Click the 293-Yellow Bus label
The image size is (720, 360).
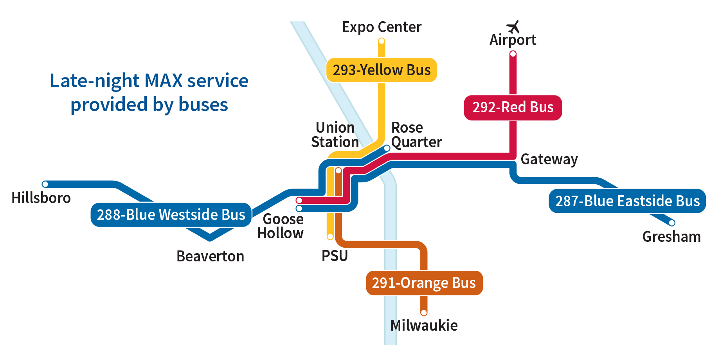[x=382, y=70]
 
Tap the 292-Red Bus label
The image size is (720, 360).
[x=513, y=107]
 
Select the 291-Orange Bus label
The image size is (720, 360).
[x=424, y=283]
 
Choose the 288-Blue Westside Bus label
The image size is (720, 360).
[x=171, y=215]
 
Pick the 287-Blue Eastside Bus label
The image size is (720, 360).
[x=627, y=201]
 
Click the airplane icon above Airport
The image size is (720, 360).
[x=513, y=27]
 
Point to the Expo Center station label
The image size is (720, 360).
[x=382, y=27]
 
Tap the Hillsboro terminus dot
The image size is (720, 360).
[x=45, y=184]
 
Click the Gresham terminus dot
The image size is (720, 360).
[x=672, y=223]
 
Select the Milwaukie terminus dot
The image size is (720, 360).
[x=424, y=313]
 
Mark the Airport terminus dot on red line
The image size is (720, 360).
[x=513, y=54]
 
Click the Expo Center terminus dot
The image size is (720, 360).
[x=382, y=41]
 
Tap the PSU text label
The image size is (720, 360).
[x=335, y=256]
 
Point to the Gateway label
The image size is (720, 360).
[x=549, y=159]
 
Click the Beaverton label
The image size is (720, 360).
[x=210, y=256]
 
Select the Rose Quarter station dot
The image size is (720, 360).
[x=387, y=148]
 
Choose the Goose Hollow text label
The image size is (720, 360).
[x=281, y=226]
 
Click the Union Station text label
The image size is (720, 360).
[x=335, y=135]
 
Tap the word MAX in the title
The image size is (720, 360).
[x=164, y=81]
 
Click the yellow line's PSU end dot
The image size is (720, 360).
[x=330, y=236]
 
